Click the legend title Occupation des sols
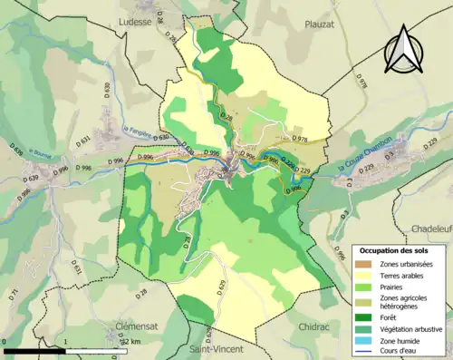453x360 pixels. pos(395,249)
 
